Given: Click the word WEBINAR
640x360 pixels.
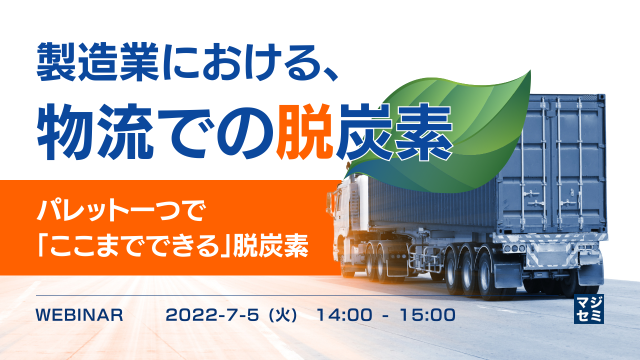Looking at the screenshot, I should [x=79, y=315].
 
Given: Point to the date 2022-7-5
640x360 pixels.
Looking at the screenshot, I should [x=212, y=315].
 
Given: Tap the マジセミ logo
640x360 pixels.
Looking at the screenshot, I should [x=589, y=308].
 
